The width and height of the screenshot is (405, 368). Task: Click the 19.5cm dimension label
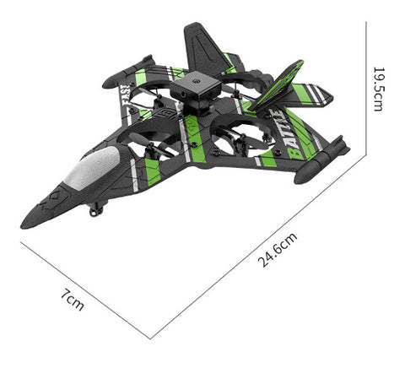pyautogui.click(x=379, y=89)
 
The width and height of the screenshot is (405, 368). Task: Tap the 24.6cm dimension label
pyautogui.click(x=278, y=250)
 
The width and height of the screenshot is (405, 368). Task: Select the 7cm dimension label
pyautogui.click(x=73, y=300)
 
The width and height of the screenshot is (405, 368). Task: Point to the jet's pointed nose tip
pyautogui.click(x=21, y=226)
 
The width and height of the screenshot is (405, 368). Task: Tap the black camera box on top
pyautogui.click(x=195, y=90)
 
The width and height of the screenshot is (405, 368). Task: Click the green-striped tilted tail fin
pyautogui.click(x=277, y=85)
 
